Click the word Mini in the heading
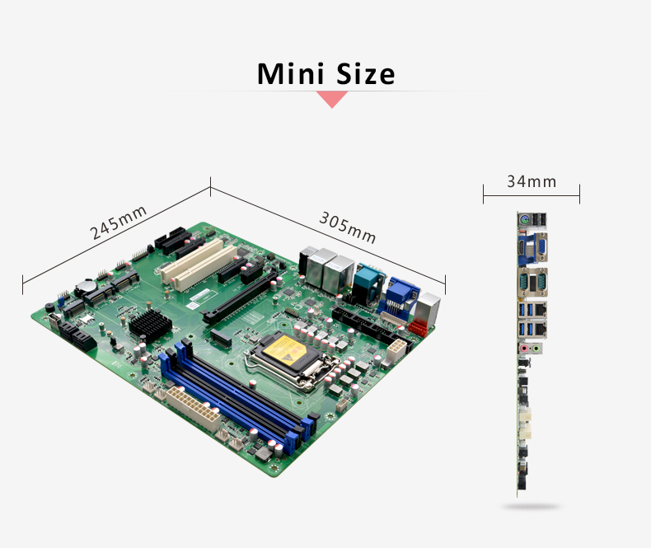291,74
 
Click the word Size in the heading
365,74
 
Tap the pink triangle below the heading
332,100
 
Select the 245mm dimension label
119,222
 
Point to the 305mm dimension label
348,227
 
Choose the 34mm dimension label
532,181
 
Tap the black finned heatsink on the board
150,324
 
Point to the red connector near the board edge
418,328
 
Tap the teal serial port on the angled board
368,283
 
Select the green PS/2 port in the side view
524,220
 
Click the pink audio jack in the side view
524,349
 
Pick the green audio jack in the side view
536,349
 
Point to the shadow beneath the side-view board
531,507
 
